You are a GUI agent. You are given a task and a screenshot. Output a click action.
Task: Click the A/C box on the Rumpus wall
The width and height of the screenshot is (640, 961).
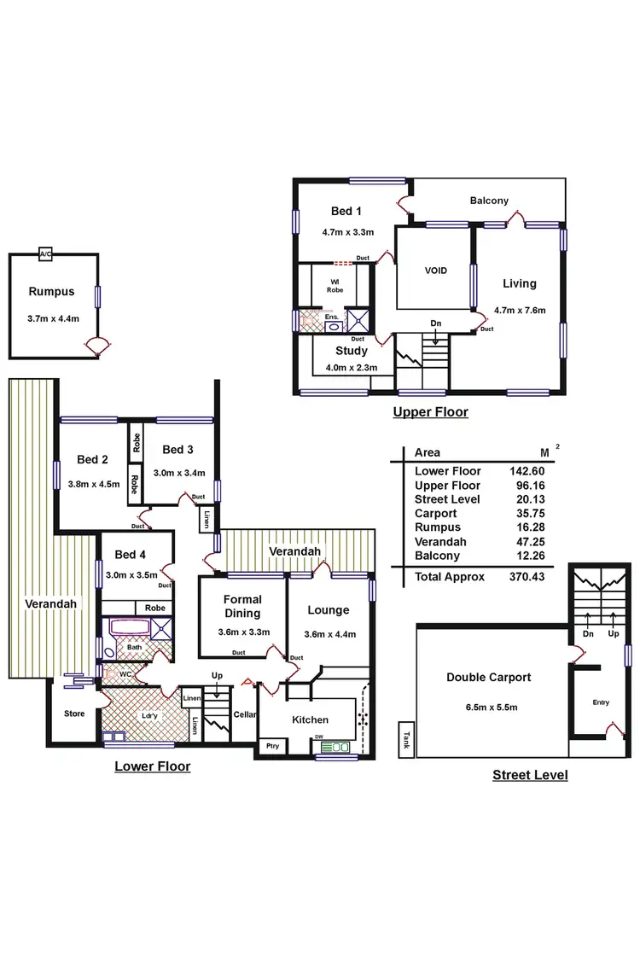[45, 254]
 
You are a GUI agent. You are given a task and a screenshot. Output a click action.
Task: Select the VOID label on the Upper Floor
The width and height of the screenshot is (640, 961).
[436, 271]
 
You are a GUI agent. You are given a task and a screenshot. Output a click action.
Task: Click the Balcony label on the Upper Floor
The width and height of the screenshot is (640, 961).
[489, 201]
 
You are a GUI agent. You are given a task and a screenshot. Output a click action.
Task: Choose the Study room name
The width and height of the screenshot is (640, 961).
[352, 351]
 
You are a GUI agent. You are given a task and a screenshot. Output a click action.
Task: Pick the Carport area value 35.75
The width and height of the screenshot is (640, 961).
[527, 514]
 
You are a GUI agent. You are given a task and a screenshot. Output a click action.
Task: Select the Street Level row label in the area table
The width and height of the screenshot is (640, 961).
[447, 499]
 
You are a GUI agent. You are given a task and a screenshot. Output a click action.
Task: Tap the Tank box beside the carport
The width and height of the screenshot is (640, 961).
[406, 738]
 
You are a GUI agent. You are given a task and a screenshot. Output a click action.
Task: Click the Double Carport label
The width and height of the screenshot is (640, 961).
[489, 678]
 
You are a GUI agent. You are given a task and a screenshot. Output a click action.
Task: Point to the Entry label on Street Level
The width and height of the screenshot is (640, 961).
[601, 702]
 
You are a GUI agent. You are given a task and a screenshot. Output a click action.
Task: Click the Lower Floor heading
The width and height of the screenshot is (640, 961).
[153, 766]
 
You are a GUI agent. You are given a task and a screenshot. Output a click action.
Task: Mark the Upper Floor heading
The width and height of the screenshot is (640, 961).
[430, 412]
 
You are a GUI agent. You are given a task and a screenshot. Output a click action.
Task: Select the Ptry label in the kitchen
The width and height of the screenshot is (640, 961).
[272, 746]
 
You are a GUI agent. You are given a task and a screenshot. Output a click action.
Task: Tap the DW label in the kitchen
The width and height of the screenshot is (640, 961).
[317, 737]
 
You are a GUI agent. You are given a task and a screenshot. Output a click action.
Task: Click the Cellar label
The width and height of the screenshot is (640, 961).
[245, 714]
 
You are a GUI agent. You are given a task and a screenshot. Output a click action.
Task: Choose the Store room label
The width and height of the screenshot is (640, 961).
[74, 713]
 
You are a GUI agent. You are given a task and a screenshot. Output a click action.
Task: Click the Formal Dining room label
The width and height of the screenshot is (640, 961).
[242, 606]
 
